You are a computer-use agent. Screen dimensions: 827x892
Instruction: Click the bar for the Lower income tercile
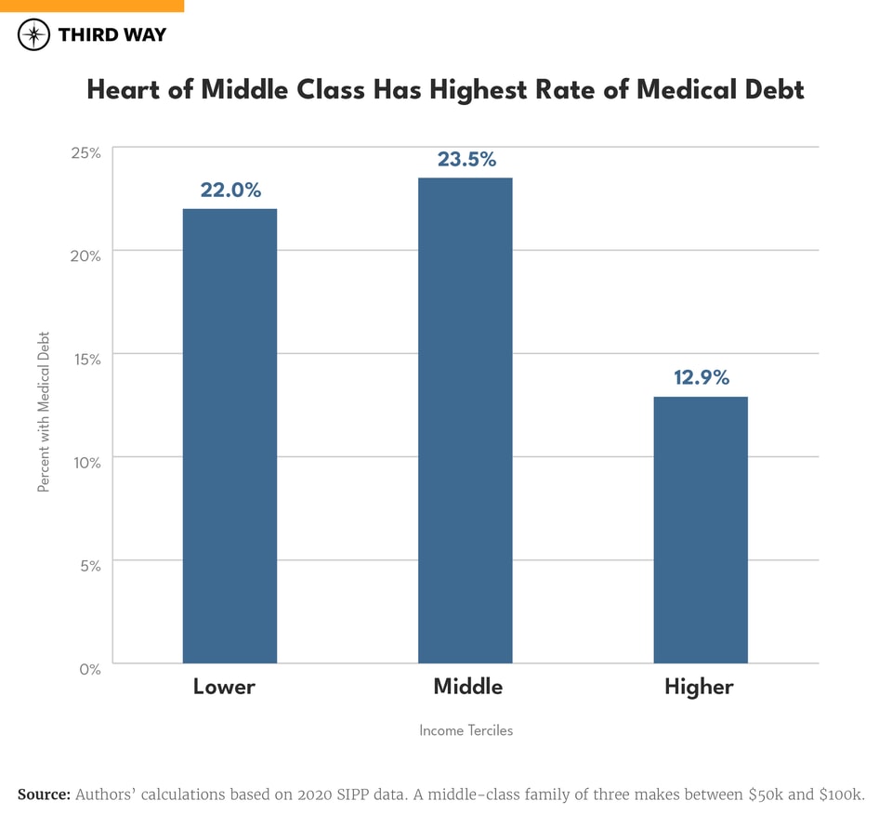(230, 436)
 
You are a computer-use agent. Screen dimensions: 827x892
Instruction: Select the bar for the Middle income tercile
(465, 420)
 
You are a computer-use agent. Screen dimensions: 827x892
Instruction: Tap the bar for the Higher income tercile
(701, 530)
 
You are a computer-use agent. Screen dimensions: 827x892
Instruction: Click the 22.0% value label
(230, 190)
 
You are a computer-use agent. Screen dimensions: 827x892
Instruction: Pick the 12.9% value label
(701, 378)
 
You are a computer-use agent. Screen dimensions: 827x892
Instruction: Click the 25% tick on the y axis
(85, 152)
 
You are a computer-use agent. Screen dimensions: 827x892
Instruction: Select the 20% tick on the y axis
(85, 256)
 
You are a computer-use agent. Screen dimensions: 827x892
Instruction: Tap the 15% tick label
(85, 359)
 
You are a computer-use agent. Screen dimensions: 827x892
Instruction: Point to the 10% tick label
(85, 462)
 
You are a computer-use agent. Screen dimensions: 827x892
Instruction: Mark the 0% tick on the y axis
(89, 668)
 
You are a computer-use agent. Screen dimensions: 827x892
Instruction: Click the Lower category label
(224, 688)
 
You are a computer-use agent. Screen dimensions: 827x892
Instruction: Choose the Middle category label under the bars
(468, 688)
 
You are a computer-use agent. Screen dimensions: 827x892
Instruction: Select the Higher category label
(699, 688)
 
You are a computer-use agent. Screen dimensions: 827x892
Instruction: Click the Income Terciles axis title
(466, 730)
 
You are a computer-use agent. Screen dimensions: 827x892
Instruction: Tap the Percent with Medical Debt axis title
(44, 412)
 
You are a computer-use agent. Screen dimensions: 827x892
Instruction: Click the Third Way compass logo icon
(34, 35)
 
